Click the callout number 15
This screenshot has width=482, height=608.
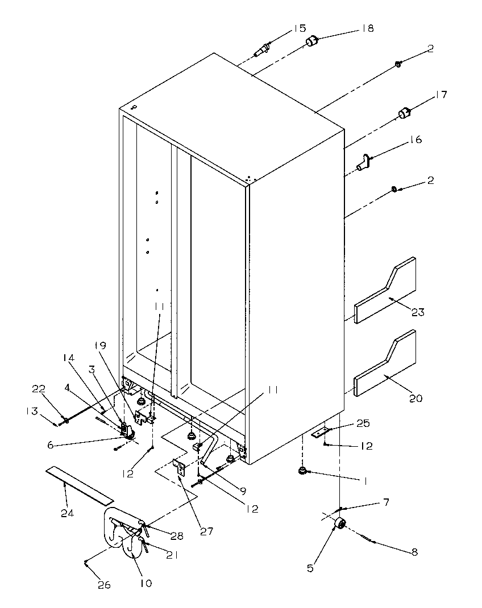pyautogui.click(x=299, y=28)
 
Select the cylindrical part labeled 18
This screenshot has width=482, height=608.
pyautogui.click(x=312, y=41)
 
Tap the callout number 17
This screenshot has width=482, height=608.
pyautogui.click(x=441, y=95)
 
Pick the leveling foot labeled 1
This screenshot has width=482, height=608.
pyautogui.click(x=302, y=470)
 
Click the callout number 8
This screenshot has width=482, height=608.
pyautogui.click(x=414, y=552)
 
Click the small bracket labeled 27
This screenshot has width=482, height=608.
pyautogui.click(x=181, y=467)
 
